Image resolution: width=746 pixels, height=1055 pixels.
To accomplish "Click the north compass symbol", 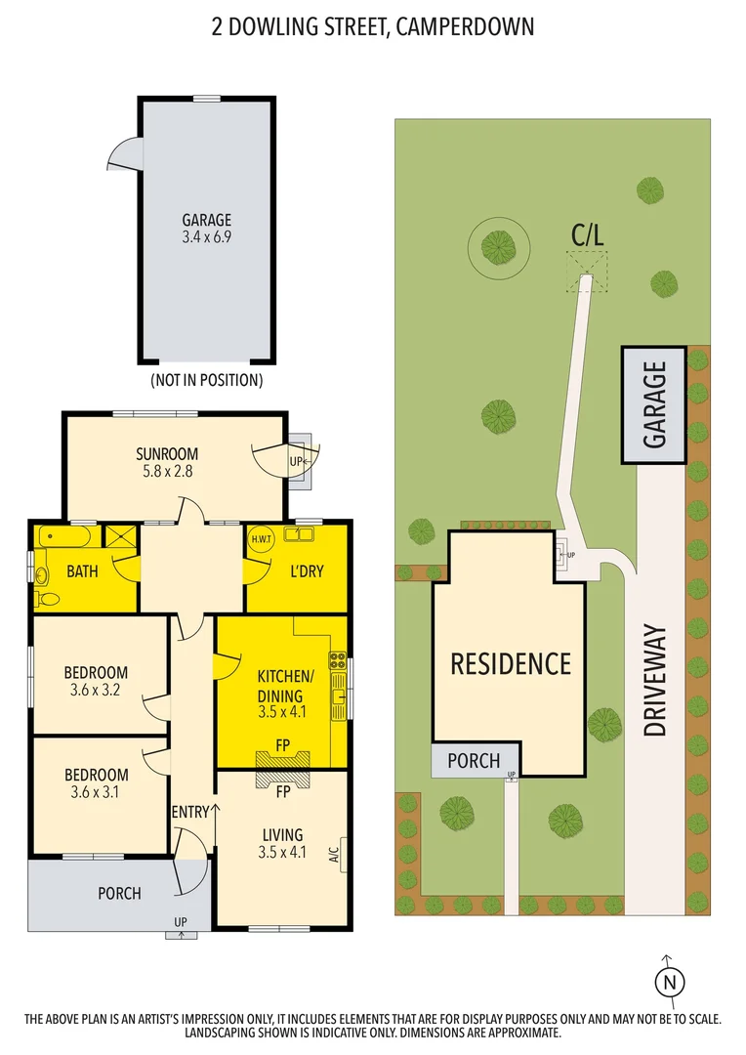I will coord(669,981).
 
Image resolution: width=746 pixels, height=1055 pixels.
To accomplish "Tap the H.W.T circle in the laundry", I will coord(261,540).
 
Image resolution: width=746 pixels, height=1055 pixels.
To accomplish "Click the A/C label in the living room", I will coord(334,854).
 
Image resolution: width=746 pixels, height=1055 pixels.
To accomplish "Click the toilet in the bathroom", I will coord(42,572).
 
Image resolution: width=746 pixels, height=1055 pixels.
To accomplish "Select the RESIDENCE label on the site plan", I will coord(510,664).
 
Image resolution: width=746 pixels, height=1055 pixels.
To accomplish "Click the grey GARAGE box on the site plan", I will coord(654,404).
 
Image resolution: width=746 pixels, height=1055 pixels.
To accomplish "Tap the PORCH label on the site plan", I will coord(474,760).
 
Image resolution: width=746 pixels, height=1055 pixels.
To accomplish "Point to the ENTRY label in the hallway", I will coord(189,812).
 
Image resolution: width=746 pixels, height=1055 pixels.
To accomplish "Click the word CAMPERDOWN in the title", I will coord(464,26).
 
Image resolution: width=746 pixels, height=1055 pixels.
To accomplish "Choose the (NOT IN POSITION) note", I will coord(206,379).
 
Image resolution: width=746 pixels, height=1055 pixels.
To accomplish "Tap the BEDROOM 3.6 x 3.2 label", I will coord(96,681).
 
